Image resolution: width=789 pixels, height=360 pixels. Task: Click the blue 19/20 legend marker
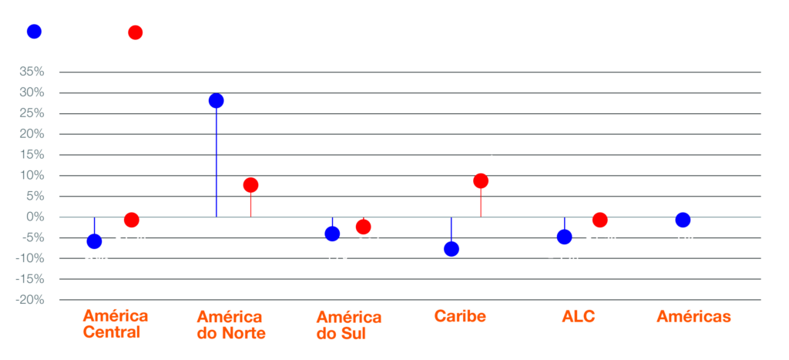34,32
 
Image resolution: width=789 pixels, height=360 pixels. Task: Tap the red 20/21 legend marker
136,32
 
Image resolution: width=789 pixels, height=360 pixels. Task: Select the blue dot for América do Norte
216,101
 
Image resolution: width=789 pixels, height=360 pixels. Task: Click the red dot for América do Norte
250,185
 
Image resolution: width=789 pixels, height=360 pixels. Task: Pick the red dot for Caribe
481,181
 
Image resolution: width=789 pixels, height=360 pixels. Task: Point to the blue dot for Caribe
452,249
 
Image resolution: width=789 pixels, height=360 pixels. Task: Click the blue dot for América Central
94,241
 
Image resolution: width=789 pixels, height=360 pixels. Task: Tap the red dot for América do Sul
363,227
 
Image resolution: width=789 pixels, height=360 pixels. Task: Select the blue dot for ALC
564,237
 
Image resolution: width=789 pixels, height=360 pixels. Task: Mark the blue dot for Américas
683,220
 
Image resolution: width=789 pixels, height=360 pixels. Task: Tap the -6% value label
94,260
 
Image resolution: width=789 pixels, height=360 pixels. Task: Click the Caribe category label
460,317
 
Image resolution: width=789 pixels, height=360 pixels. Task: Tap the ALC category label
578,317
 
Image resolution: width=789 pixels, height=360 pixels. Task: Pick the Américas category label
693,317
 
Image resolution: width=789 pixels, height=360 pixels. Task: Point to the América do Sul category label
348,325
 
